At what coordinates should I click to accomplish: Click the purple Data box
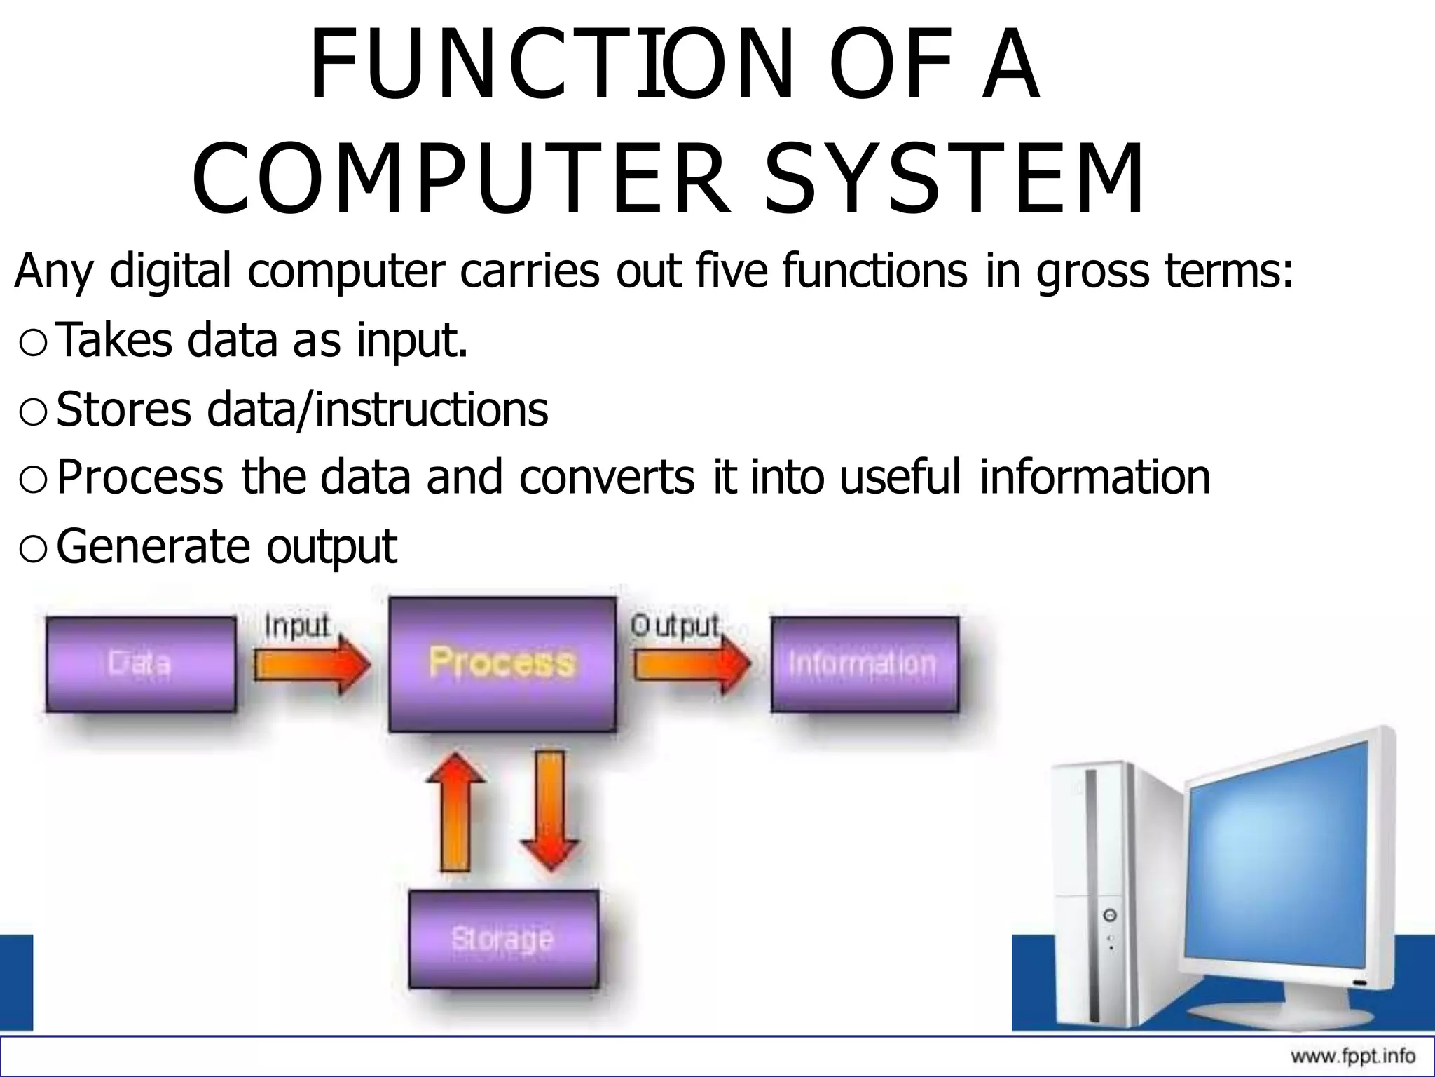pyautogui.click(x=140, y=664)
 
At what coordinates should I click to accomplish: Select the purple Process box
pyautogui.click(x=502, y=663)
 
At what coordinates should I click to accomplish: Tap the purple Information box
pyautogui.click(x=864, y=664)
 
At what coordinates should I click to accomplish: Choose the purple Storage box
pyautogui.click(x=503, y=938)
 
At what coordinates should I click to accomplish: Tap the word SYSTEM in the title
pyautogui.click(x=954, y=179)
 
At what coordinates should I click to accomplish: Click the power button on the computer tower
pyautogui.click(x=1110, y=915)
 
